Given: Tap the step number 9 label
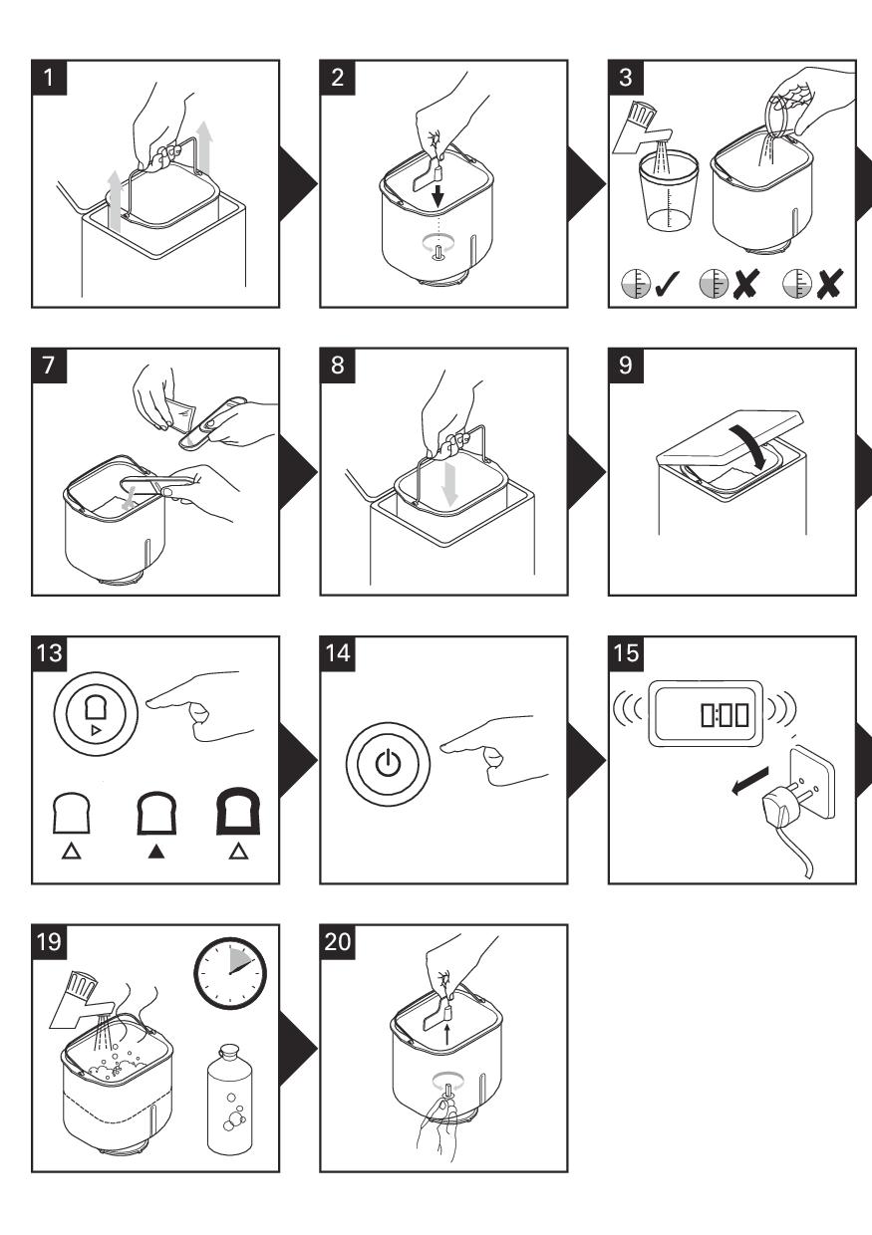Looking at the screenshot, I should point(624,366).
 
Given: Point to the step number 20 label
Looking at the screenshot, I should point(337,942).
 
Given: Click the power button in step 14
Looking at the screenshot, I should point(388,766).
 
